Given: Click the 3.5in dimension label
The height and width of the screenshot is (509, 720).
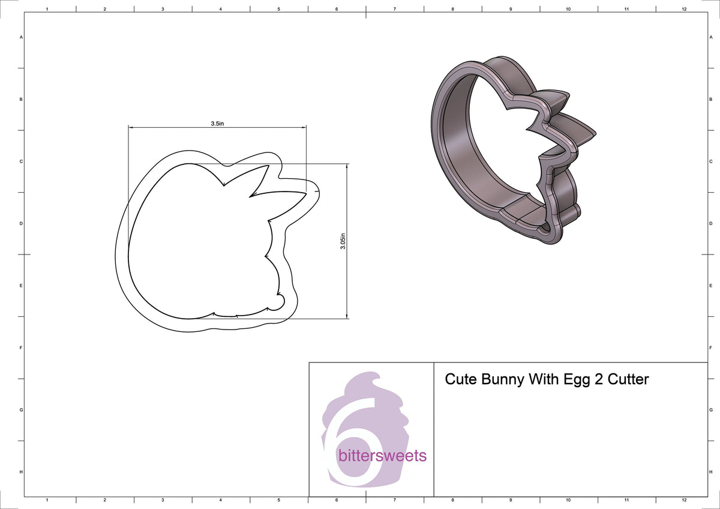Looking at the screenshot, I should pyautogui.click(x=217, y=123).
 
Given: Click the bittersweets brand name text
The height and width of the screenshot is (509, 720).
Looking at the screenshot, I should pyautogui.click(x=383, y=456).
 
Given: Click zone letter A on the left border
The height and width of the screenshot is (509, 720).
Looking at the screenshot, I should pyautogui.click(x=22, y=37).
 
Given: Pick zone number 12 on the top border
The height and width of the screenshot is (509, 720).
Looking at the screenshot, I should pyautogui.click(x=684, y=10).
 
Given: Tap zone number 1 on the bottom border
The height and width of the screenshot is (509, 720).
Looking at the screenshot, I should pyautogui.click(x=47, y=499).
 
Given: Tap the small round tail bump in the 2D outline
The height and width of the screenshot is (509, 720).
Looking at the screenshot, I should pyautogui.click(x=278, y=303).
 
